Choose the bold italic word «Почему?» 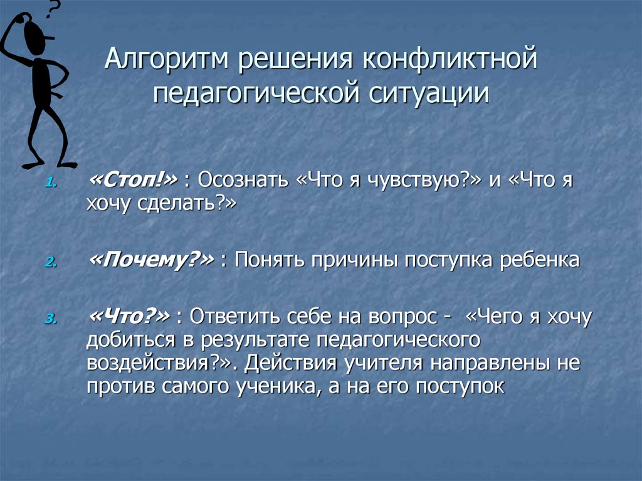pyautogui.click(x=150, y=260)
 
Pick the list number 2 pyautogui.click(x=50, y=263)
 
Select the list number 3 pyautogui.click(x=50, y=320)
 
